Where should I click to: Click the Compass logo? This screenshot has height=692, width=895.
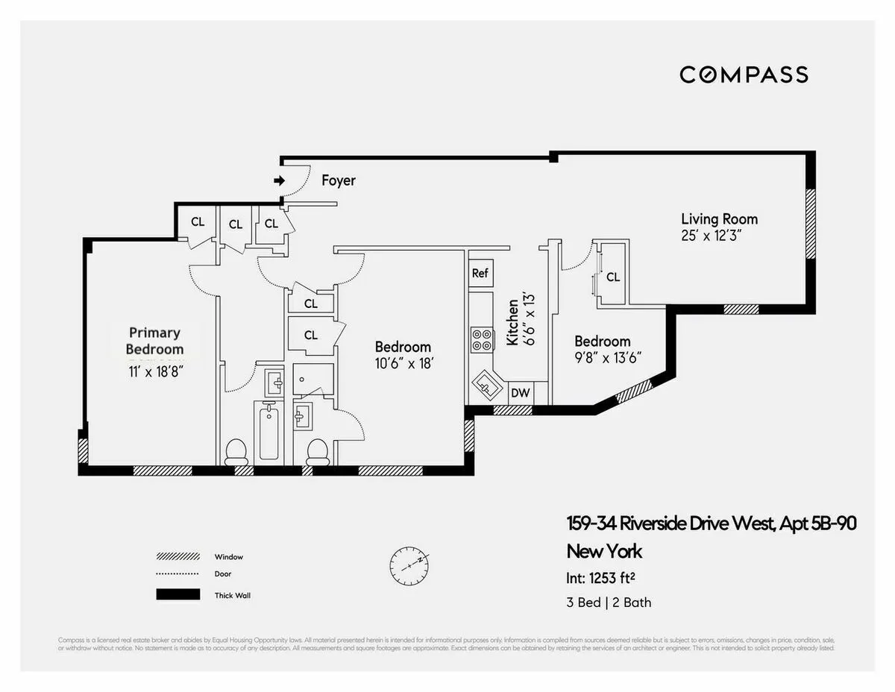pyautogui.click(x=744, y=75)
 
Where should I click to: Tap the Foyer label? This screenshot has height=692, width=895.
pyautogui.click(x=338, y=180)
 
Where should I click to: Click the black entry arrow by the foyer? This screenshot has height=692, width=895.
pyautogui.click(x=279, y=180)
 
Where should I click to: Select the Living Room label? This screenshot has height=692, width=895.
pyautogui.click(x=719, y=218)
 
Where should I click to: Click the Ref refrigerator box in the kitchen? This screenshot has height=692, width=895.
pyautogui.click(x=480, y=273)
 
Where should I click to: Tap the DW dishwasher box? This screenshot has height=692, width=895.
pyautogui.click(x=521, y=393)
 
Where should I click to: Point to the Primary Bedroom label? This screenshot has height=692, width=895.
pyautogui.click(x=154, y=341)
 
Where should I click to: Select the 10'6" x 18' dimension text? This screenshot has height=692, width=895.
pyautogui.click(x=403, y=365)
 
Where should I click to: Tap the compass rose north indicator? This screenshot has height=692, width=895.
pyautogui.click(x=409, y=567)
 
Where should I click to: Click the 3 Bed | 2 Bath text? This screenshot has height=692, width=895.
pyautogui.click(x=609, y=602)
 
